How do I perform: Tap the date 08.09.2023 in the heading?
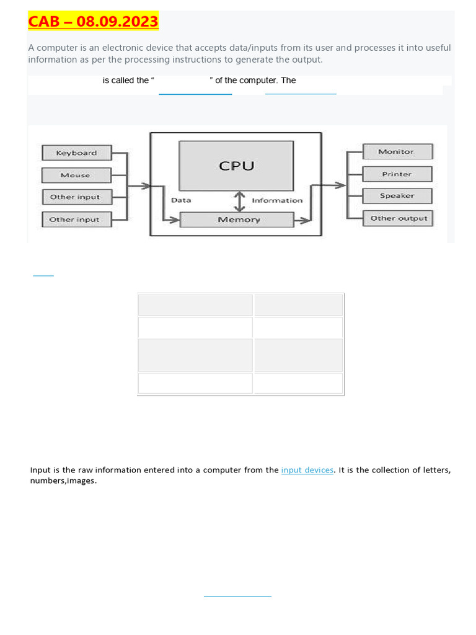point(117,22)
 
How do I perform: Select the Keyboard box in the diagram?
point(76,153)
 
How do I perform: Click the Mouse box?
point(76,175)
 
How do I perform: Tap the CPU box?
point(236,166)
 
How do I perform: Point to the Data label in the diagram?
point(181,200)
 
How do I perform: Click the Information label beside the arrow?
point(276,200)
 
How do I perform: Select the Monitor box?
point(397,151)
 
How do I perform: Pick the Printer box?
point(397,174)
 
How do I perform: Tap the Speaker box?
point(397,196)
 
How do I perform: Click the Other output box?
point(399,218)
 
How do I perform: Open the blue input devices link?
point(307,470)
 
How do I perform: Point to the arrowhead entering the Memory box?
point(175,220)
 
